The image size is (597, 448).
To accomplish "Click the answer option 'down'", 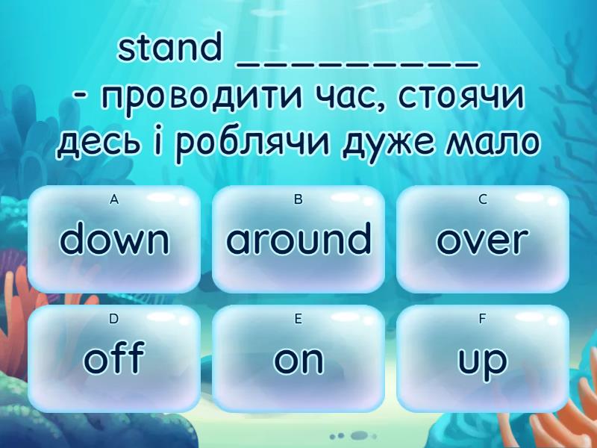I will click(114, 240).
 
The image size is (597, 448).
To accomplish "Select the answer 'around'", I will click(298, 240).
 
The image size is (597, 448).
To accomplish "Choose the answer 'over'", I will click(483, 240).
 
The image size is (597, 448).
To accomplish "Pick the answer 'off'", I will click(114, 359).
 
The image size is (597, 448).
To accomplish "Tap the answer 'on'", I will click(298, 359).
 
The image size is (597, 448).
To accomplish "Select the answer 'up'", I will click(483, 359).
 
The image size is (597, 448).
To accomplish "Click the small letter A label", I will click(114, 199).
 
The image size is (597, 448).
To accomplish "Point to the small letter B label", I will click(298, 199).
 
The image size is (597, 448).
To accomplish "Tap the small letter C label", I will click(483, 199).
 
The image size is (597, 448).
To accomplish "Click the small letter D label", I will click(114, 319).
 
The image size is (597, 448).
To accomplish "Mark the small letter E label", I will click(298, 319).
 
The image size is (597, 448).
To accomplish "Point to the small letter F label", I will click(483, 319).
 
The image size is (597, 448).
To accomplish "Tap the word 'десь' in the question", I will click(94, 143).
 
